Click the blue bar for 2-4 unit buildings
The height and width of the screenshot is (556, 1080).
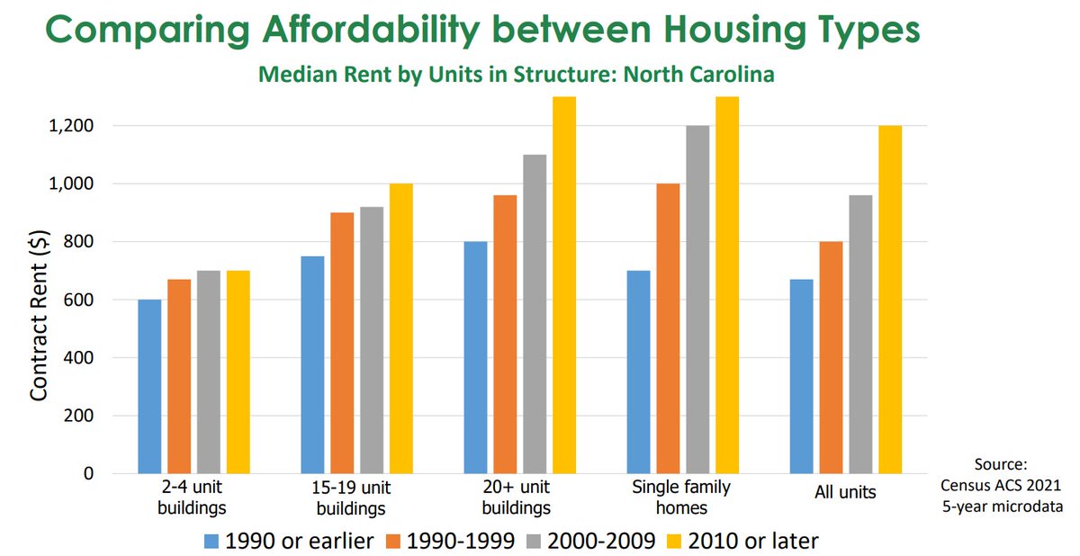click(149, 387)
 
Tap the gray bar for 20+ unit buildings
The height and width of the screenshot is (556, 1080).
click(535, 314)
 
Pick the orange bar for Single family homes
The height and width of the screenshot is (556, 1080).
click(668, 328)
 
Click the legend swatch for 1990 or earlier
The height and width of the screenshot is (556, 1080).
click(212, 542)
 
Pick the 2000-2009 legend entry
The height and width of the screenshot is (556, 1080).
click(593, 542)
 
